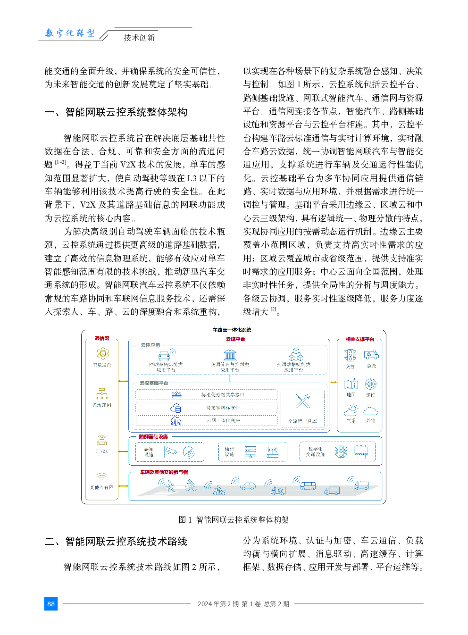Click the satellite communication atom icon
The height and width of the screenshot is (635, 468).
[103, 354]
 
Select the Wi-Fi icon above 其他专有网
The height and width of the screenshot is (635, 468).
[102, 476]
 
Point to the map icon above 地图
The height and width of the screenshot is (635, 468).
[351, 384]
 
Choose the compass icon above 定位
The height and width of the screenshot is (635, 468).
[371, 384]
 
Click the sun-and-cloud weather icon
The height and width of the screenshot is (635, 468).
[351, 410]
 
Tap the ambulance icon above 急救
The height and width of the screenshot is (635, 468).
[371, 355]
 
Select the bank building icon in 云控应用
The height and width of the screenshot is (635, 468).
[230, 354]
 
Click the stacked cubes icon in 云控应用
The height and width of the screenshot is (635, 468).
[296, 354]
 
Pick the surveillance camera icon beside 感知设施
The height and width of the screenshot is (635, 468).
[170, 452]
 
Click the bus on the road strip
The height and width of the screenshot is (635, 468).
[308, 486]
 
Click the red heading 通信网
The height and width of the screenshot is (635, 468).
[102, 339]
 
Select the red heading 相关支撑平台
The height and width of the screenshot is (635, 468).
[360, 339]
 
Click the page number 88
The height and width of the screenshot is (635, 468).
[51, 604]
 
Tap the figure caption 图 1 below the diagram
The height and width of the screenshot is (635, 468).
[185, 520]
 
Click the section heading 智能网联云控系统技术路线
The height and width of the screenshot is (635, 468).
[126, 542]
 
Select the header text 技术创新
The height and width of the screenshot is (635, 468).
[139, 38]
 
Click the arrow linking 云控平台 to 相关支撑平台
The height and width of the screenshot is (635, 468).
[334, 382]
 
